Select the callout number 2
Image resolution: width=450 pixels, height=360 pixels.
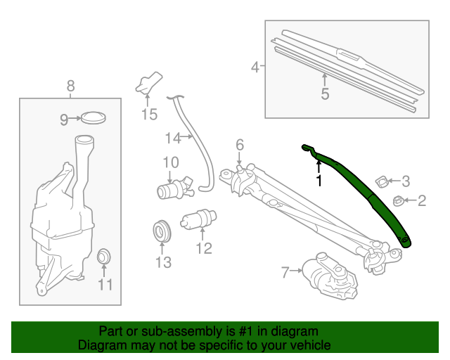[x=422, y=202]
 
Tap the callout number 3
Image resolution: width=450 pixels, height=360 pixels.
[x=405, y=181]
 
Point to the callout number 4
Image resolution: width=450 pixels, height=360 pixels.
[x=255, y=67]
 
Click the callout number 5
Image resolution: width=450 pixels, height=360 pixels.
[x=325, y=94]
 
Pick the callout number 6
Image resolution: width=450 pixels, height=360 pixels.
[x=239, y=144]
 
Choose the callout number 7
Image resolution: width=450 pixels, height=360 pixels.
[x=285, y=272]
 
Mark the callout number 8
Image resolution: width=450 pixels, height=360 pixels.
[x=70, y=86]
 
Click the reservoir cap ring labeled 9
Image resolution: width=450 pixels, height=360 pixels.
[x=92, y=117]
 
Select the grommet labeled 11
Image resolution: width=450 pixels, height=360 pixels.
[x=104, y=256]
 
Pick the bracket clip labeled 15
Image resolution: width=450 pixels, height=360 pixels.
[x=148, y=84]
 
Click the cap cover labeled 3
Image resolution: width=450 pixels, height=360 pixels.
[x=382, y=181]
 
